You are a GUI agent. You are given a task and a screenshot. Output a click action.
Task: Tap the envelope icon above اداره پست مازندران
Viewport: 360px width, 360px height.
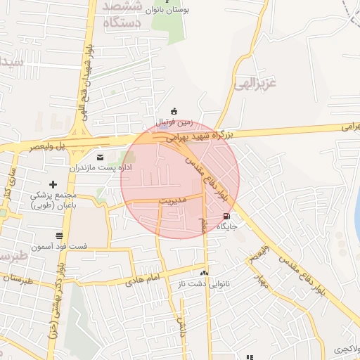click(99, 156)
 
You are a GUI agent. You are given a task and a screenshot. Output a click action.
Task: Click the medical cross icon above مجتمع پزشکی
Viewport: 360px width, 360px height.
click(53, 184)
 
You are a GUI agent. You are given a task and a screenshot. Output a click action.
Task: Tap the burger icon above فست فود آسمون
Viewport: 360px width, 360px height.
click(60, 235)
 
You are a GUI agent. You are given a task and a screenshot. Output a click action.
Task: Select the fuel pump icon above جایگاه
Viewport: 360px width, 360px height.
click(226, 217)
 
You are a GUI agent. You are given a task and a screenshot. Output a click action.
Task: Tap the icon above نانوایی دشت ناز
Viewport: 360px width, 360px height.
click(205, 273)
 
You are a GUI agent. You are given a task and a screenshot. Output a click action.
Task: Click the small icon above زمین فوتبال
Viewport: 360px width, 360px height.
click(174, 110)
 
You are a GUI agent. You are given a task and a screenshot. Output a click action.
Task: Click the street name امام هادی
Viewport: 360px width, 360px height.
click(144, 279)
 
